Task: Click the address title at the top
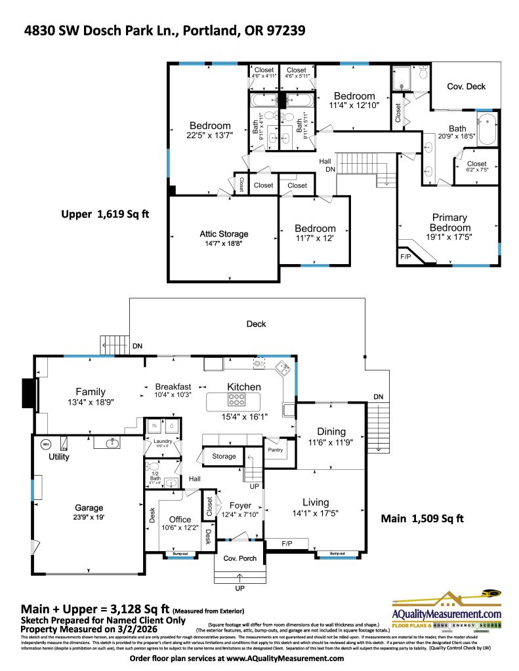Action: [165, 31]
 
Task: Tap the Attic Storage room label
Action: [224, 234]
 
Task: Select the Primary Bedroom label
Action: [449, 222]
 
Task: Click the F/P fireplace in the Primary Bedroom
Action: [405, 256]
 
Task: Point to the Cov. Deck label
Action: [466, 86]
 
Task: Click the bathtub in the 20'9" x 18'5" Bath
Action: [486, 130]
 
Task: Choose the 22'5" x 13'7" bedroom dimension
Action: [210, 136]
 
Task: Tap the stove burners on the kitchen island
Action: [236, 400]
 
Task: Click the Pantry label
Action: [275, 451]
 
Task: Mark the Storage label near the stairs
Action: [224, 456]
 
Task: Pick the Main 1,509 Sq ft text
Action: [423, 519]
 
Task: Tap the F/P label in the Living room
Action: [287, 544]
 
